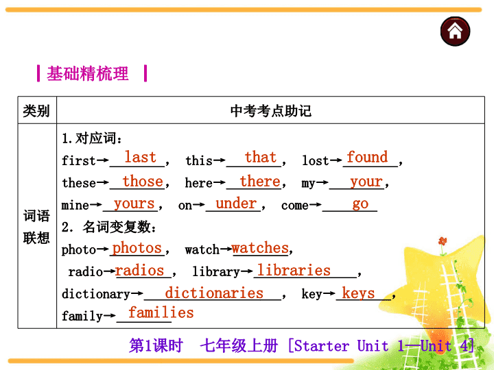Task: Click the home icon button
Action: (x=455, y=31)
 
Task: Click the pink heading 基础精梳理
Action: (x=88, y=73)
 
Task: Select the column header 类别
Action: (x=36, y=111)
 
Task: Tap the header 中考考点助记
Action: (x=270, y=111)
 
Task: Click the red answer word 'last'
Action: (x=140, y=157)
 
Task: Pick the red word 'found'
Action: (x=367, y=157)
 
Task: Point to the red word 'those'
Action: (x=143, y=181)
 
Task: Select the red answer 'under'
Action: (x=236, y=203)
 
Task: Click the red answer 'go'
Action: (x=360, y=204)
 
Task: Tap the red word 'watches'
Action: (x=260, y=248)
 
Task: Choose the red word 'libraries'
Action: (x=294, y=270)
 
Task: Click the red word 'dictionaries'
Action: (x=214, y=293)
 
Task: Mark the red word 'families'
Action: (x=161, y=312)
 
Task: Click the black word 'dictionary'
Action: (x=96, y=294)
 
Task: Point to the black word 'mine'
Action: (x=75, y=205)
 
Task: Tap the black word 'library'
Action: (x=216, y=271)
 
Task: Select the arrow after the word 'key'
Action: (x=329, y=294)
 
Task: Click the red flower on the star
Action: (x=443, y=242)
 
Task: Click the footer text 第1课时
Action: (x=156, y=345)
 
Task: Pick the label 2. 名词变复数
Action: (x=108, y=227)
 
